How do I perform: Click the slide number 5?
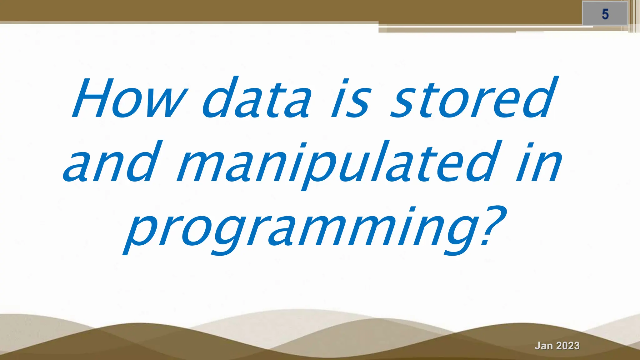[x=605, y=14]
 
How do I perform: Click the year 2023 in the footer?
[x=568, y=346]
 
